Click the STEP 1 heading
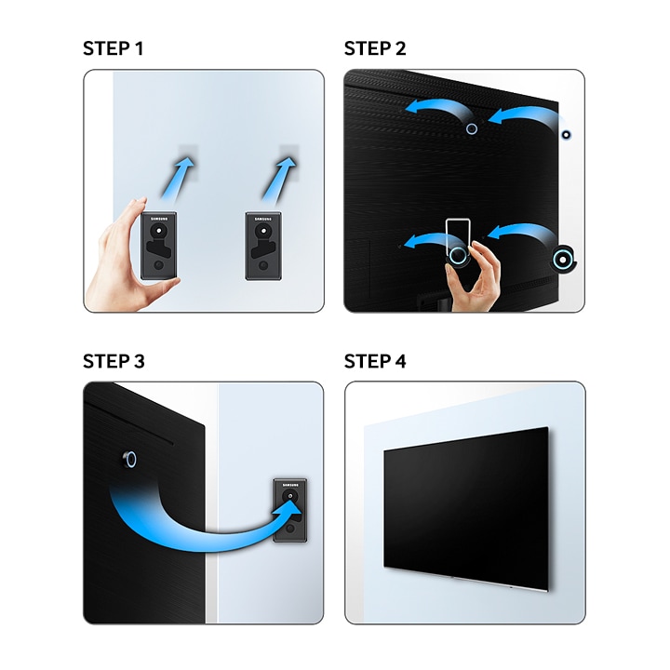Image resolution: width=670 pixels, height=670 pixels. point(114,48)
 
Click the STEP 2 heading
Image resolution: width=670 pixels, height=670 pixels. point(375,48)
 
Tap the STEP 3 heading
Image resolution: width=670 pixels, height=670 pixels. point(114,361)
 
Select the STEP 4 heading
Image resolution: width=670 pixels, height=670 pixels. point(375,361)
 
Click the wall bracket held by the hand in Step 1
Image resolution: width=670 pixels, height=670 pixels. point(158,246)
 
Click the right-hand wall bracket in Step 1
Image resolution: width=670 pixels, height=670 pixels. point(263,246)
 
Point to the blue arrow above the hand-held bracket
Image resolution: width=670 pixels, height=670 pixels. point(178,178)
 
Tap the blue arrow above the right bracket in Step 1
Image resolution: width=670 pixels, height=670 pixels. point(279,179)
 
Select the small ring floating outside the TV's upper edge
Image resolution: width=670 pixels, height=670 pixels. point(566,135)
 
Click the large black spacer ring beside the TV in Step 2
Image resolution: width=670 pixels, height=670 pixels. point(563,259)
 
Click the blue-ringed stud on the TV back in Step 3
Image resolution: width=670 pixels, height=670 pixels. point(129,460)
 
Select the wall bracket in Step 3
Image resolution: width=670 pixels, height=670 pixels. point(290,511)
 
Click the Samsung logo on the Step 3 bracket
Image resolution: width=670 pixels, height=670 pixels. point(290,485)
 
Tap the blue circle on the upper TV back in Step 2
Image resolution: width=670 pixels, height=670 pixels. point(471,128)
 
